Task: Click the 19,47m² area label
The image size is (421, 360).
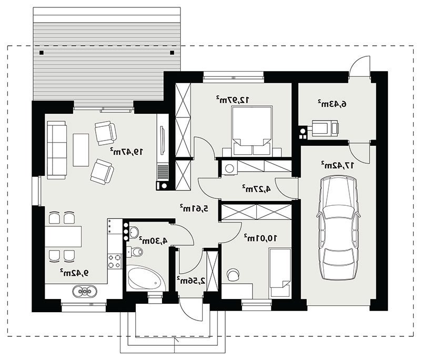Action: pos(126,152)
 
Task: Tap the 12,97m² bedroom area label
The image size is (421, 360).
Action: pos(233,99)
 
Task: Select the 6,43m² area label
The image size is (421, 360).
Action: pos(332,104)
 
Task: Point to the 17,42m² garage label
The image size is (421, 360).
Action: pos(337,165)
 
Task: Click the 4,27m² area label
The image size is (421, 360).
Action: pos(256,188)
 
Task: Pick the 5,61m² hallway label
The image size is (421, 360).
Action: pos(194,208)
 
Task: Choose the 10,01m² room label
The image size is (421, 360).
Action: pos(260,238)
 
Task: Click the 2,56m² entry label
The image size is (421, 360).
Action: pos(191,281)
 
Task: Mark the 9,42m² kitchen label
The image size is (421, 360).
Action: pos(74,273)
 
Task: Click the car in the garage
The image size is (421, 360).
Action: pos(338,228)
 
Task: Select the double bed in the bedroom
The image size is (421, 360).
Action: pos(252,131)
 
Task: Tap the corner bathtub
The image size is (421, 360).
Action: pos(145,277)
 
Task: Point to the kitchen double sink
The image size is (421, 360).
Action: pos(85,291)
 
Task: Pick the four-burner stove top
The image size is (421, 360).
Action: pos(114,261)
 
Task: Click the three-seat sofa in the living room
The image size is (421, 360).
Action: pos(56,150)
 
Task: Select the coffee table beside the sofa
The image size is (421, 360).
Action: pos(81,150)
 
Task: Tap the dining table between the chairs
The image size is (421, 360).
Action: pos(63,236)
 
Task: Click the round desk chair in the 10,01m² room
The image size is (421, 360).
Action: pos(233,275)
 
